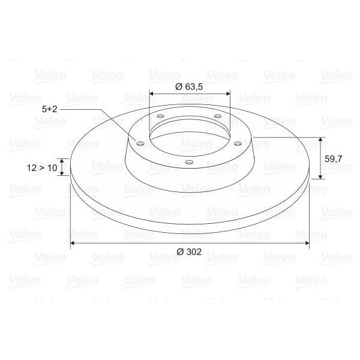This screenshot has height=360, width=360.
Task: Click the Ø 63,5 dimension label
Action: (189, 86)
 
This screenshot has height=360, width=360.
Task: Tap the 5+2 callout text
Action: (50, 109)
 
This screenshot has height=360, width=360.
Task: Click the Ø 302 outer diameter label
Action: (189, 252)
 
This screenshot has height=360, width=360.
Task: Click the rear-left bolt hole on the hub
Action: (160, 116)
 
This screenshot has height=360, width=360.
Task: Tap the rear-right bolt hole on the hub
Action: (217, 116)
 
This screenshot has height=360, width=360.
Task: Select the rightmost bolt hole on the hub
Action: (238, 143)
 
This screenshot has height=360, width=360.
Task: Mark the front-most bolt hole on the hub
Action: (188, 163)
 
